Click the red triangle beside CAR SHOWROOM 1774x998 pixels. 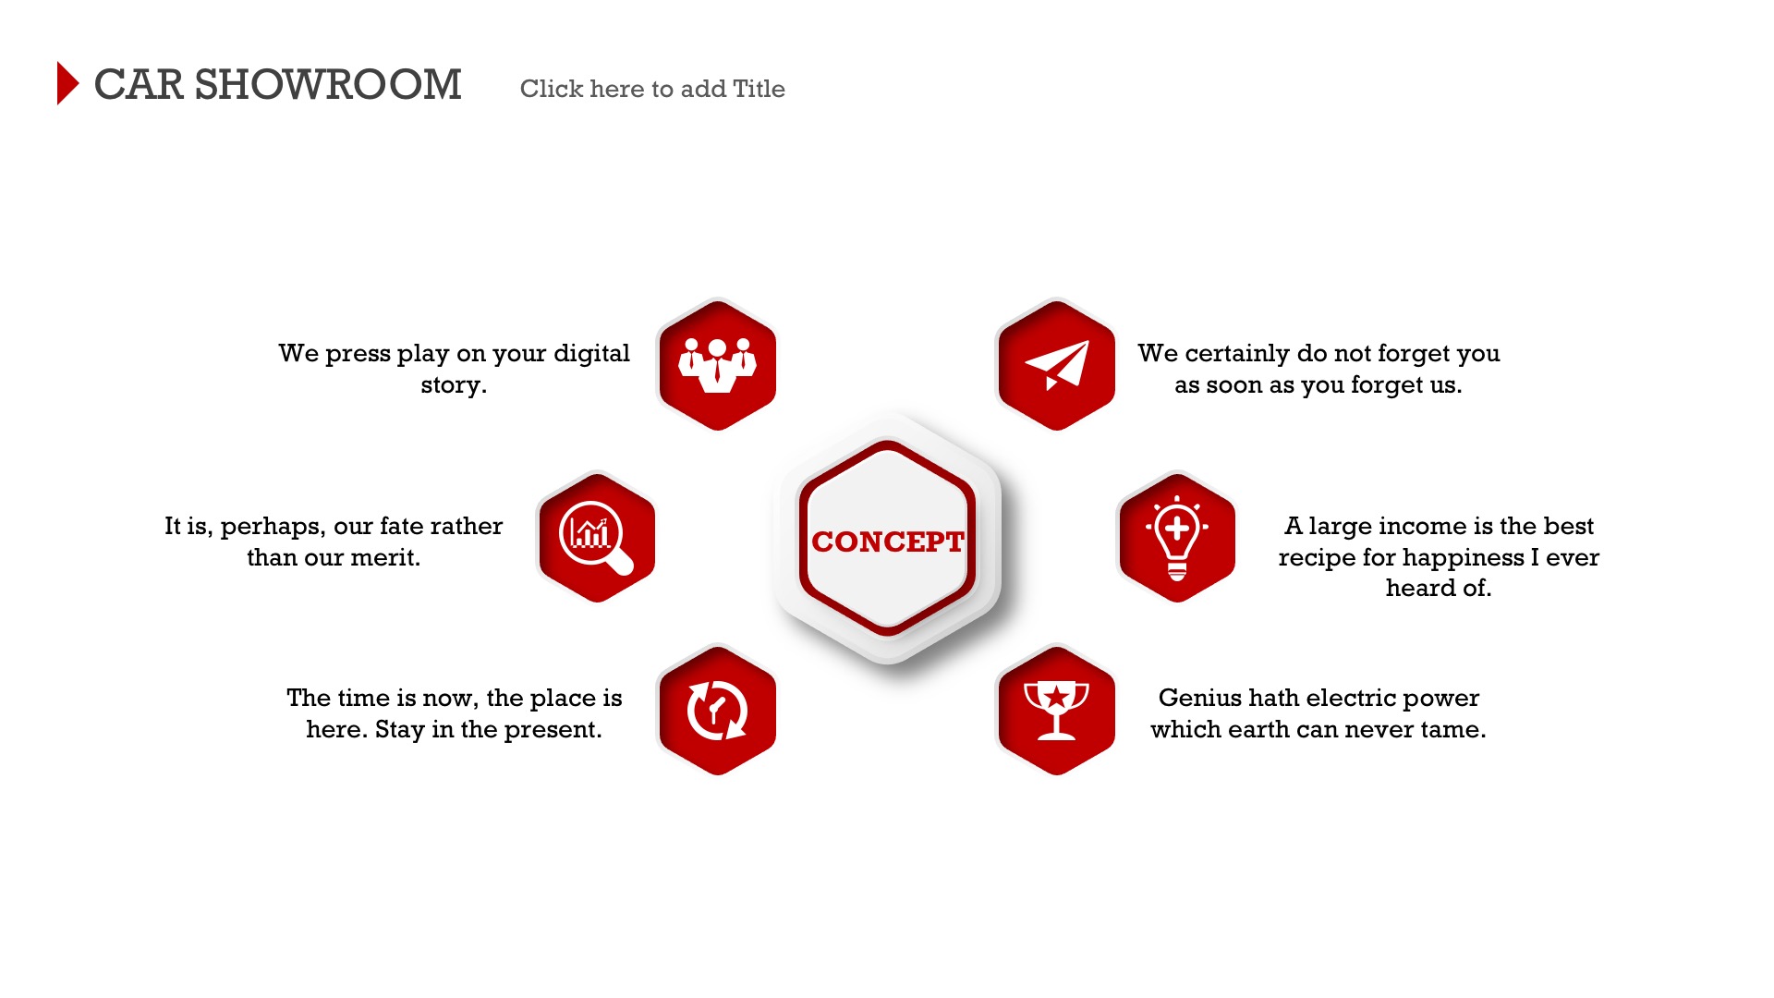(67, 83)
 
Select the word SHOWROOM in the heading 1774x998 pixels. (328, 85)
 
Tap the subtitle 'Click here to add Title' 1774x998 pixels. (652, 89)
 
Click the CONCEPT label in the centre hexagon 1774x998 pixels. (888, 542)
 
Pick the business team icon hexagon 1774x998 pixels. (717, 364)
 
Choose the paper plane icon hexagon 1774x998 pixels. (1056, 364)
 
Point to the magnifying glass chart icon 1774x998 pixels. (597, 537)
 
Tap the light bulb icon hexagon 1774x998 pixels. (1177, 537)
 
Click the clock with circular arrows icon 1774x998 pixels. (717, 710)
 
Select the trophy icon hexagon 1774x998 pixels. (1056, 710)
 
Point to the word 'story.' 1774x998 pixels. (454, 385)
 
